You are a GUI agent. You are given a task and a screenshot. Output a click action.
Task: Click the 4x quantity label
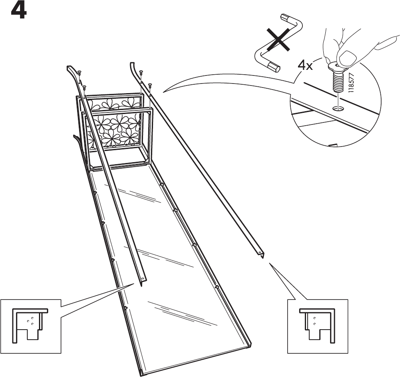[305, 65]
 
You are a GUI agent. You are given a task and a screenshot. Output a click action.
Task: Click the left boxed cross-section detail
[31, 326]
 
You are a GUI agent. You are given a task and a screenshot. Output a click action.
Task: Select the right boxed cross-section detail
[318, 326]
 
